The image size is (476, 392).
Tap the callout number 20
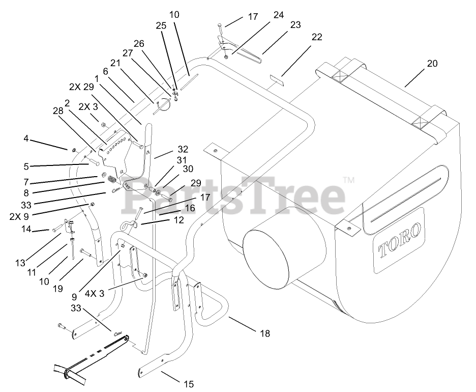tap(432, 64)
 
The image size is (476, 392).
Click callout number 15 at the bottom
tap(189, 384)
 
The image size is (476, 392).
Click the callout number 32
tap(183, 149)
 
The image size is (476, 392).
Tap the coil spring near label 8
tap(113, 179)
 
